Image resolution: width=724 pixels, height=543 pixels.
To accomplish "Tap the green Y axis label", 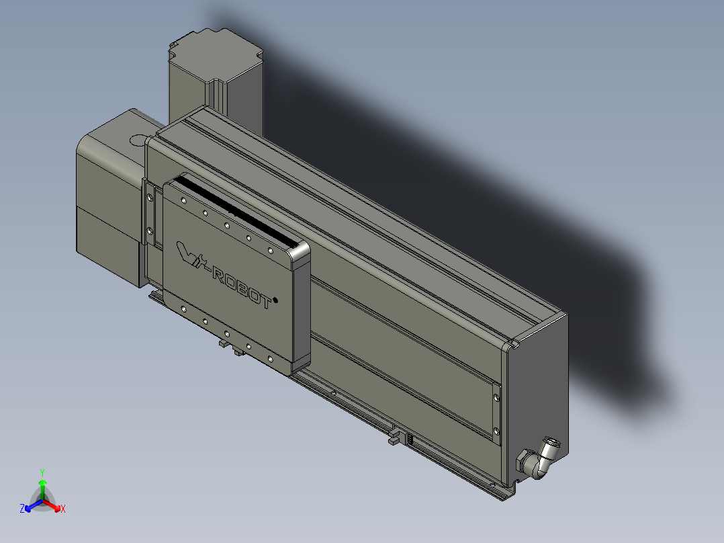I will click(42, 472).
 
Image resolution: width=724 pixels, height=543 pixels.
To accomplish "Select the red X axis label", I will click(63, 509).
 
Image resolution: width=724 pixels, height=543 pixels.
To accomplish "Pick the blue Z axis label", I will click(22, 509).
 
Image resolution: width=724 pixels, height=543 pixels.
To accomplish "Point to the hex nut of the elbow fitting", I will click(523, 462).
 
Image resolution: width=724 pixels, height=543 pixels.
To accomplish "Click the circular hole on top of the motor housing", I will click(138, 140).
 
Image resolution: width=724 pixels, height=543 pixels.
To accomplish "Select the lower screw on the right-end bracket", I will click(496, 431).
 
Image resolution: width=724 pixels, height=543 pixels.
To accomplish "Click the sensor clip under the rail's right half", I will click(396, 437).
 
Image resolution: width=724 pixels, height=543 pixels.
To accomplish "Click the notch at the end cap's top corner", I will click(514, 344).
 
